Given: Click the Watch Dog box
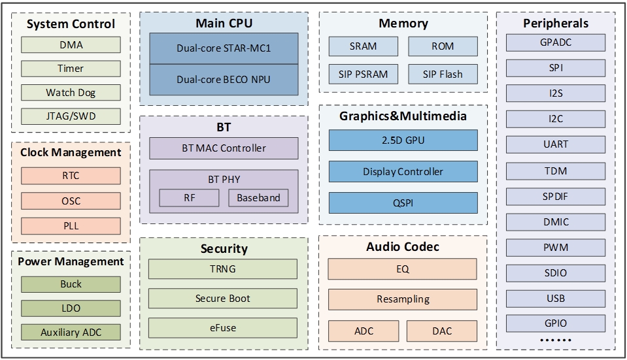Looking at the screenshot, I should (71, 93).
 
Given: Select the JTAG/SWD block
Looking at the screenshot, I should (71, 117).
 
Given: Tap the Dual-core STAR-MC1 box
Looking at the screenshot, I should (224, 48).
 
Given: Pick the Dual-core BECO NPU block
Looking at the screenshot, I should (224, 80).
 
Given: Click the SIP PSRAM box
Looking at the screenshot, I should (363, 74).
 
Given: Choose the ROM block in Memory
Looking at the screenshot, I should (443, 46).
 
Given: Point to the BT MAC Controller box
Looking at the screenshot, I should (224, 148).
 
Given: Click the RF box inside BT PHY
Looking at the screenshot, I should (188, 198).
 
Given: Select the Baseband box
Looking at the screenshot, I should (258, 198).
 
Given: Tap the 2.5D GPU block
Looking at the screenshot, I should (403, 140).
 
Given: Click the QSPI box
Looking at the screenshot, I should (403, 203).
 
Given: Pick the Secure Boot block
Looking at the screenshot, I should (223, 299).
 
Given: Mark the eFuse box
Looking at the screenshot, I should (223, 328).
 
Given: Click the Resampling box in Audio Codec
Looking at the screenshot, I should (403, 299).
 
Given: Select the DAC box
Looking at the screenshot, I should (442, 331).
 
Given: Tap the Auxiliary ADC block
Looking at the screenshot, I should (71, 332).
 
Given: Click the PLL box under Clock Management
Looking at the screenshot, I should (71, 226).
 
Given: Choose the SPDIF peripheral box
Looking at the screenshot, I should (556, 197).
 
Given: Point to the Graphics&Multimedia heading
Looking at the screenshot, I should (403, 116).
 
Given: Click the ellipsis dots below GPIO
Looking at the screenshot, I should (556, 340).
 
